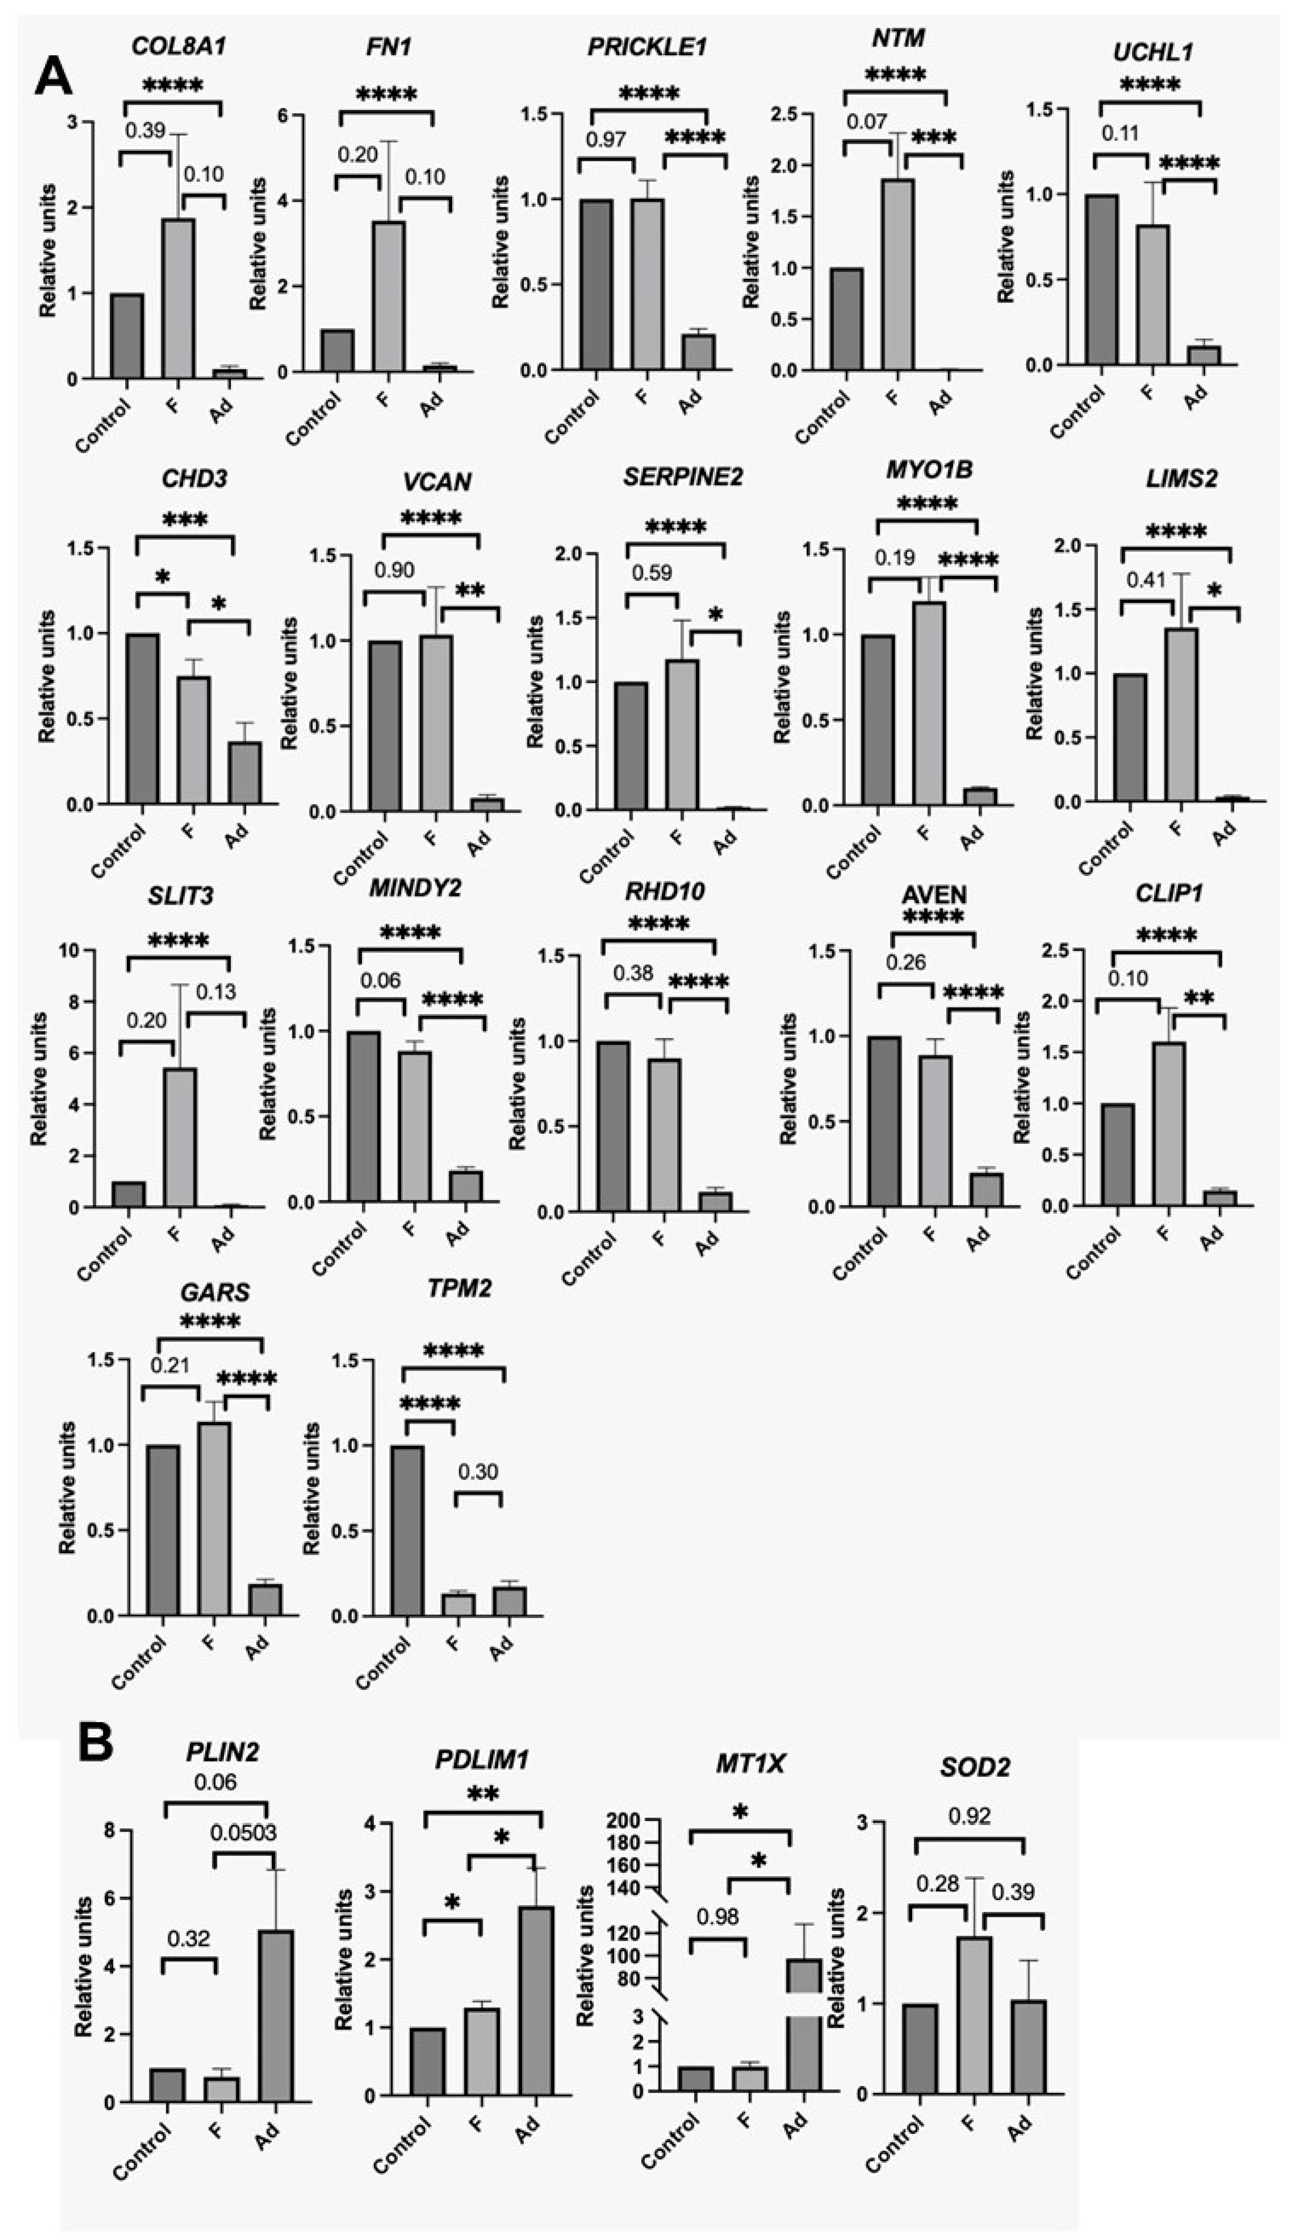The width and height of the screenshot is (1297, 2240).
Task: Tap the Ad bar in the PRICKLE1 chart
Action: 698,351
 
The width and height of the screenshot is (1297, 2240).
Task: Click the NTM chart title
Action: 898,38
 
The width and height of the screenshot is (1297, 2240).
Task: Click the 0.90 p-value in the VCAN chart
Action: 394,570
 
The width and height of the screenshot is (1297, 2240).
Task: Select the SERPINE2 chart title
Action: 682,478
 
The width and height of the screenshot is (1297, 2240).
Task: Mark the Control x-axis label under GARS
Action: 140,1662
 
